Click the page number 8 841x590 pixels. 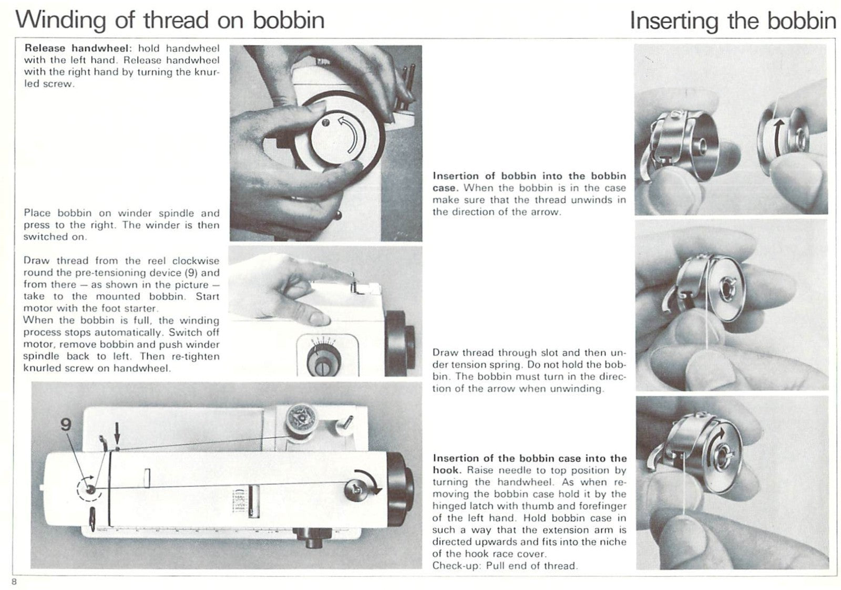click(15, 581)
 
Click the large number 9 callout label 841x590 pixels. click(66, 425)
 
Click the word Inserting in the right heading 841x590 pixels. click(674, 21)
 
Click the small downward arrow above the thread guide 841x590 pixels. click(117, 434)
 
